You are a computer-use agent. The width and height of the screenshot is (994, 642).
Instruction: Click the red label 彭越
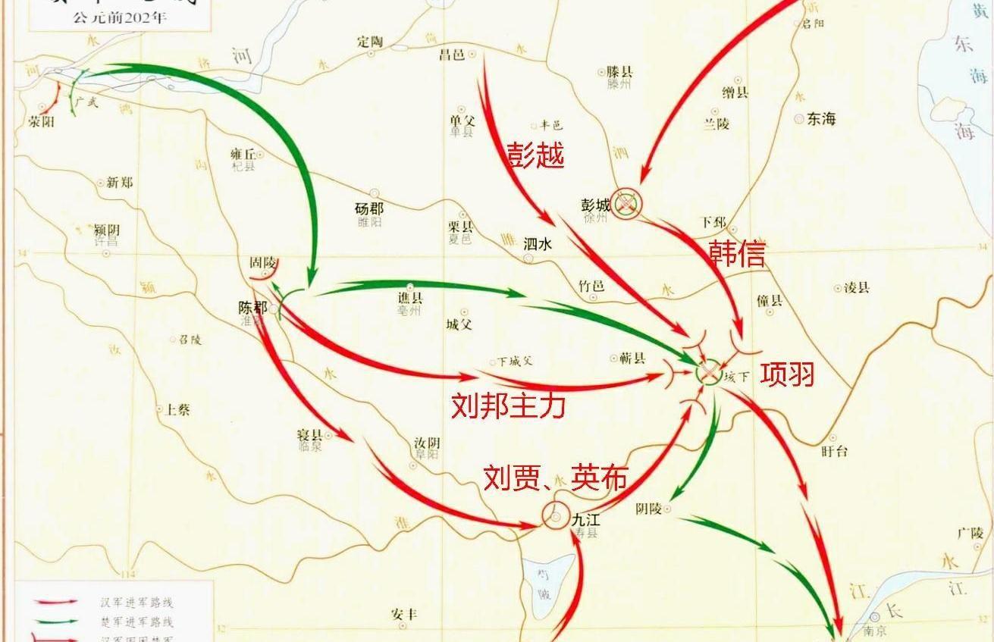point(535,155)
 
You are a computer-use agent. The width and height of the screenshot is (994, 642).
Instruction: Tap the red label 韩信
point(736,252)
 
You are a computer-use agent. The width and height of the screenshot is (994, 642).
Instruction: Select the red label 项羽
point(788,374)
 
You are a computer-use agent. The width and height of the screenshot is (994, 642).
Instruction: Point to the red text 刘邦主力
point(508,406)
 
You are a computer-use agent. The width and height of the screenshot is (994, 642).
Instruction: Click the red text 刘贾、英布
point(556,477)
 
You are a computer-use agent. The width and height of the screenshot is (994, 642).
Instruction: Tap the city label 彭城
point(595,205)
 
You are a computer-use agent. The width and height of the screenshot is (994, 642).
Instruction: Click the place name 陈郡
point(252,308)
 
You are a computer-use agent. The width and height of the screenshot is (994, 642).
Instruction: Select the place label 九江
point(586,519)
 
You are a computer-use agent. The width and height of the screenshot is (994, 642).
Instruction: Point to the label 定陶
point(371,42)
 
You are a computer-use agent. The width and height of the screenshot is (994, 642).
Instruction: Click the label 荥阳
point(41,121)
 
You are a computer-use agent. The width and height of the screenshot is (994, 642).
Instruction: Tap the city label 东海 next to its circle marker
point(821,118)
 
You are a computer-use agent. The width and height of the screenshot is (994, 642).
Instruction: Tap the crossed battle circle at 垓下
point(708,371)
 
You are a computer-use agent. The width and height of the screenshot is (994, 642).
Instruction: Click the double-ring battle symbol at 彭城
point(627,203)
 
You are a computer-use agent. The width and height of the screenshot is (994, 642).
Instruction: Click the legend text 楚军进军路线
point(136,622)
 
